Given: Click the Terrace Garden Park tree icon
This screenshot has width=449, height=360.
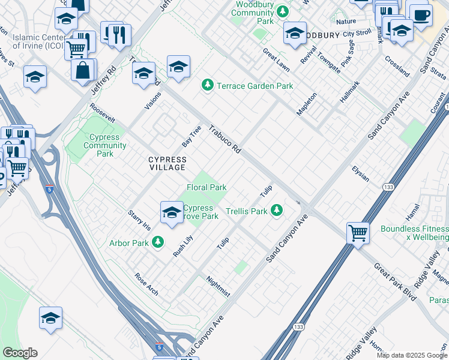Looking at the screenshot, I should coord(208,86).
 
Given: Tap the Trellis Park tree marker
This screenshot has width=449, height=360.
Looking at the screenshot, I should coord(277,211).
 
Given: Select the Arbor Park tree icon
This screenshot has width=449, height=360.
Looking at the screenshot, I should coord(157,242).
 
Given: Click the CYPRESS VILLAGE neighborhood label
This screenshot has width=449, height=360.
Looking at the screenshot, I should coord(167,163).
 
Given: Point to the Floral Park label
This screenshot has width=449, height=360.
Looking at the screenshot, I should coord(206,187).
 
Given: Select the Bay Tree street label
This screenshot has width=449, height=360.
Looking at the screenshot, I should coord(191,137).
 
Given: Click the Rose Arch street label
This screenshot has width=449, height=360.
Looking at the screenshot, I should coord(146,284).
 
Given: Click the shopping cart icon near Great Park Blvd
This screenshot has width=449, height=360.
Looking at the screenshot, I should coord(358,232).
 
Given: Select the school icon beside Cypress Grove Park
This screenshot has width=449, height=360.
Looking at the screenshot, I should coord(172,212).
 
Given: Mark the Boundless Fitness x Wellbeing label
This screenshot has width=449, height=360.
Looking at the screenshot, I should coord(414,233).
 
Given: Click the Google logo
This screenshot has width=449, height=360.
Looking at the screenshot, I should coord(20,353).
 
